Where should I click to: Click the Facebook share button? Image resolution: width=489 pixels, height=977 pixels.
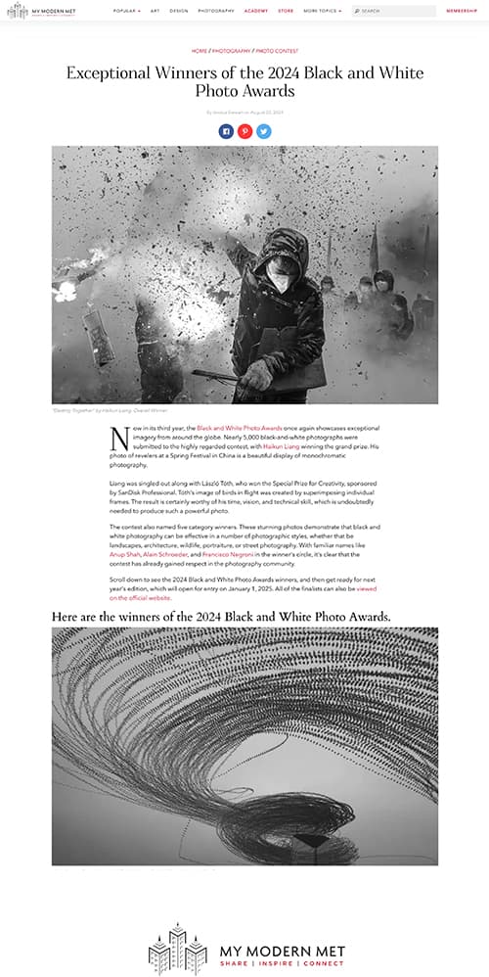pyautogui.click(x=226, y=130)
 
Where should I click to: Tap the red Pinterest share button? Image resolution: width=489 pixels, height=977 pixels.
pyautogui.click(x=244, y=130)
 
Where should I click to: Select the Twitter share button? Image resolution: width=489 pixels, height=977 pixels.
pyautogui.click(x=263, y=130)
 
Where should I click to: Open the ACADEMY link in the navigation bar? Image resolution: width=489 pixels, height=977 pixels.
pyautogui.click(x=256, y=11)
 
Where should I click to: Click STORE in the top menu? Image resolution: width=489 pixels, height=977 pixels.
pyautogui.click(x=285, y=11)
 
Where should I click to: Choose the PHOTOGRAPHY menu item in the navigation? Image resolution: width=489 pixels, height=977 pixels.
pyautogui.click(x=215, y=11)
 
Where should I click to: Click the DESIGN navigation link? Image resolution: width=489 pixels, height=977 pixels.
pyautogui.click(x=178, y=11)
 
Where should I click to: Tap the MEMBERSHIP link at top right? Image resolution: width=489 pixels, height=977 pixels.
pyautogui.click(x=461, y=11)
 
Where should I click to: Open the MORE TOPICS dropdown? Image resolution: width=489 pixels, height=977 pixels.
pyautogui.click(x=322, y=11)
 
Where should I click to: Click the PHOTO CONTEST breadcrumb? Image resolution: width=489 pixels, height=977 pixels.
pyautogui.click(x=277, y=50)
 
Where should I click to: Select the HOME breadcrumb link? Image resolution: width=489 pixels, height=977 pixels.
pyautogui.click(x=200, y=50)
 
